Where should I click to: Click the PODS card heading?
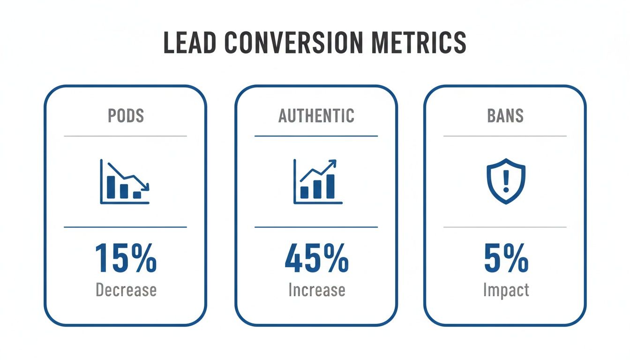(x=125, y=116)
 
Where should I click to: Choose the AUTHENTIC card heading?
(x=316, y=116)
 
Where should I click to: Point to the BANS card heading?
(x=505, y=116)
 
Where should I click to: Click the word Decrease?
(x=126, y=290)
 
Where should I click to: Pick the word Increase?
(x=316, y=290)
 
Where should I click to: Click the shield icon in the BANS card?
(x=505, y=181)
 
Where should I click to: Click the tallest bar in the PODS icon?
(x=111, y=187)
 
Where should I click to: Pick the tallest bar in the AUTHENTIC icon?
(x=330, y=186)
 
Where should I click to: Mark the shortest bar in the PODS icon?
(x=137, y=195)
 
